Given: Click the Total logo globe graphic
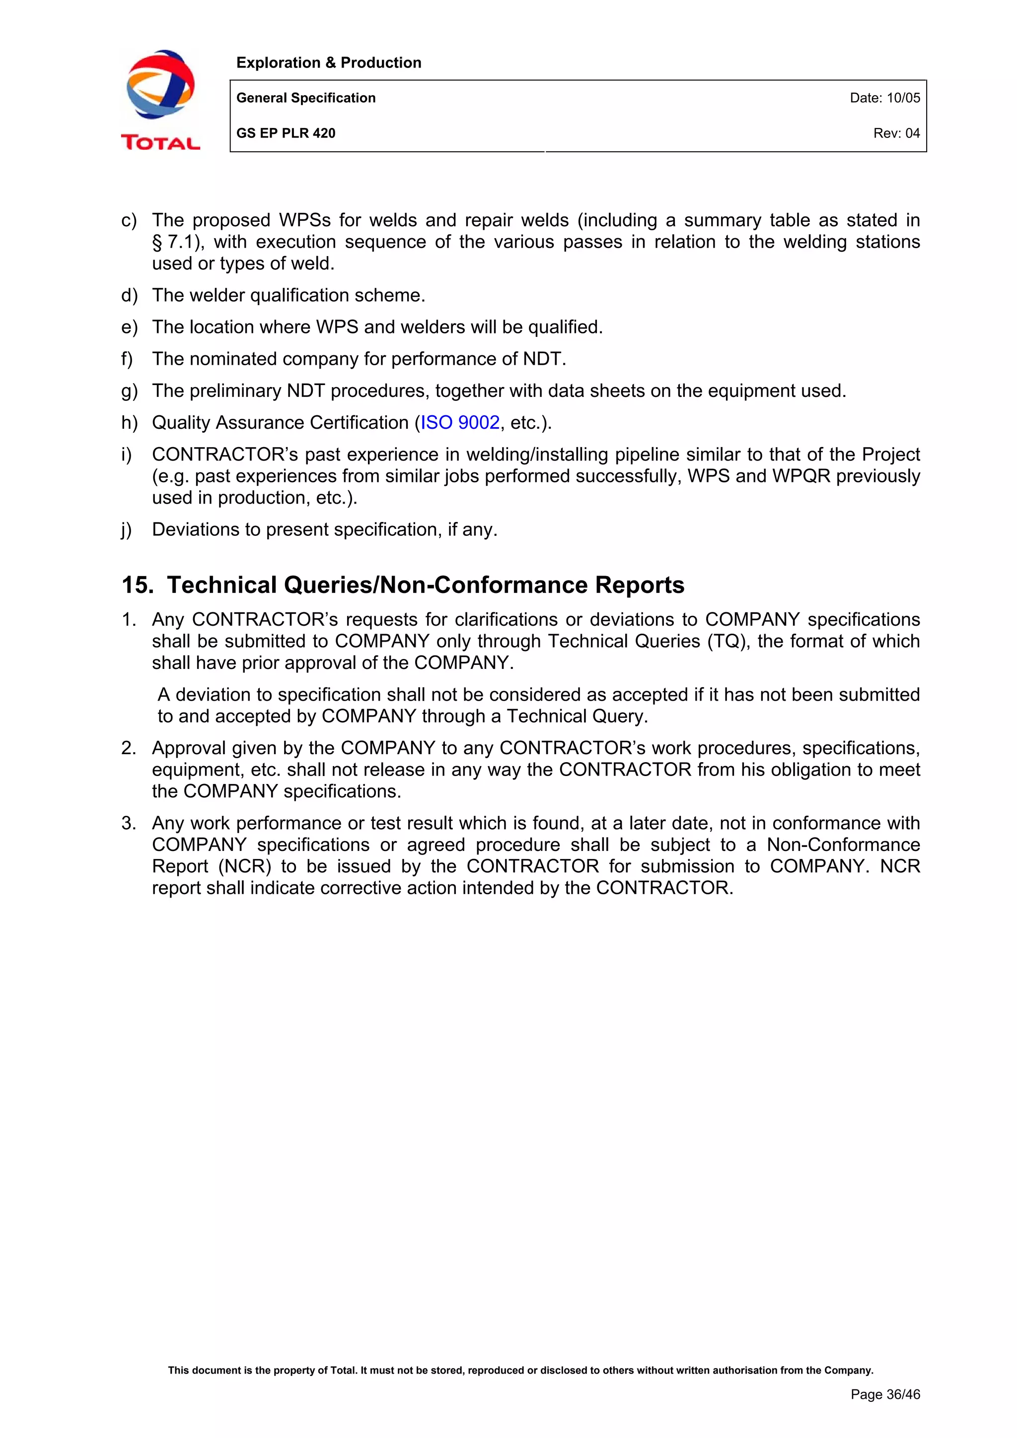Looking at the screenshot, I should point(160,84).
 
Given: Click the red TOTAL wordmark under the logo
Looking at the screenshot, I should point(160,143).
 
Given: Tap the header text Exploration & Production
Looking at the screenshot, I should point(328,63).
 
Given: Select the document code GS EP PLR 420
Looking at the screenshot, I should point(286,133).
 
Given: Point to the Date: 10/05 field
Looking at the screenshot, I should point(884,98).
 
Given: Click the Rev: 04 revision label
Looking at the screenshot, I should point(896,133).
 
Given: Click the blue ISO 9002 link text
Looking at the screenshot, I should point(460,423).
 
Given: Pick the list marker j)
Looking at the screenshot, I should point(127,530).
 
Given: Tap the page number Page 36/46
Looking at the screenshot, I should point(885,1394).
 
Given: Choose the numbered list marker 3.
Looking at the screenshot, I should point(129,823).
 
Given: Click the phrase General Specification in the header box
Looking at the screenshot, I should point(306,98).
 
